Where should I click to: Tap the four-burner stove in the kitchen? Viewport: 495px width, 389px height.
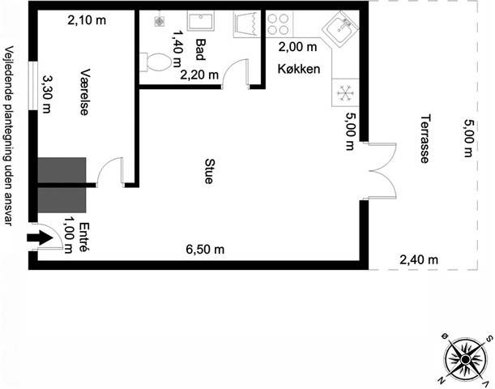[278, 24]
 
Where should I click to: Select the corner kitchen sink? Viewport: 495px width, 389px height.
[340, 29]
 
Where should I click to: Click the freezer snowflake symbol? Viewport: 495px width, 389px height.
[345, 93]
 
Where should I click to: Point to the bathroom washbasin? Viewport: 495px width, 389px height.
[200, 20]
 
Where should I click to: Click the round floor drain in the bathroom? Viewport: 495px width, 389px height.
[160, 21]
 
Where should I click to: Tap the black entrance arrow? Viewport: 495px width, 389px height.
[40, 237]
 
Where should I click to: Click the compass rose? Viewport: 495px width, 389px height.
[465, 360]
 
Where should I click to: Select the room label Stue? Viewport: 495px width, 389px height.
[209, 171]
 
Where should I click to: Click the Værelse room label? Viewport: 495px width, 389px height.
[84, 92]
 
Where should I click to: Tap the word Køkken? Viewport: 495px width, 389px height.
[299, 69]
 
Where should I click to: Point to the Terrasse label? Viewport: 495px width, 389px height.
[425, 139]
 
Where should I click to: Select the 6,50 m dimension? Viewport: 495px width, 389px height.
[205, 250]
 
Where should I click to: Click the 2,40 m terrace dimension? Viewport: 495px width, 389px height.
[419, 260]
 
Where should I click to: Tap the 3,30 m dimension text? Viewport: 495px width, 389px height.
[46, 94]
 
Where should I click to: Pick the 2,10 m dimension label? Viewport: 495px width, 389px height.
[87, 20]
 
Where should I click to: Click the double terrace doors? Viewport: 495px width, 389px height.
[382, 171]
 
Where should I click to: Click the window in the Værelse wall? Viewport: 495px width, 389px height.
[33, 85]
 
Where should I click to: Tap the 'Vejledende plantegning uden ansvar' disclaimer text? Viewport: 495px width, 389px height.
[9, 136]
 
